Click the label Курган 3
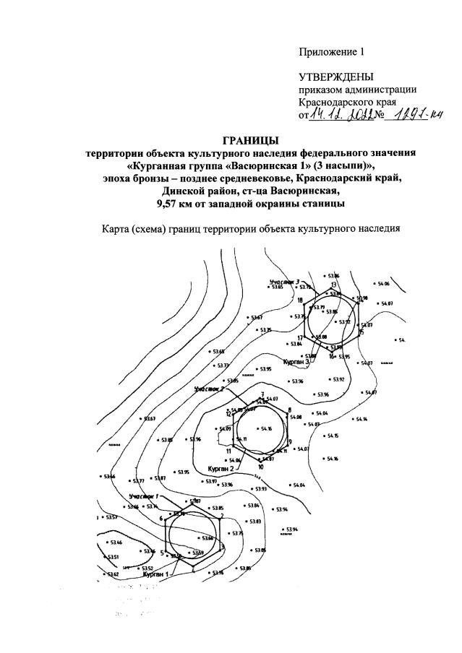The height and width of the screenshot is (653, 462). point(296,360)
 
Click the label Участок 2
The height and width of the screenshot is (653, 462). point(209,389)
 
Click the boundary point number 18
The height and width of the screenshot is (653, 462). point(299,300)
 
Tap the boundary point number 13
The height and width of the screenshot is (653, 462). point(334,284)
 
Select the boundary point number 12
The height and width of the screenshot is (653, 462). point(228,414)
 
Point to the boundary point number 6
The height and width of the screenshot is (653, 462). point(161,518)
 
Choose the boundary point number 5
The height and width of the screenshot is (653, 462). point(163,552)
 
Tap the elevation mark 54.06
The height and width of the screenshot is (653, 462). point(383,284)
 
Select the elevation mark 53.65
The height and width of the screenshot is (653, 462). point(278,287)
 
